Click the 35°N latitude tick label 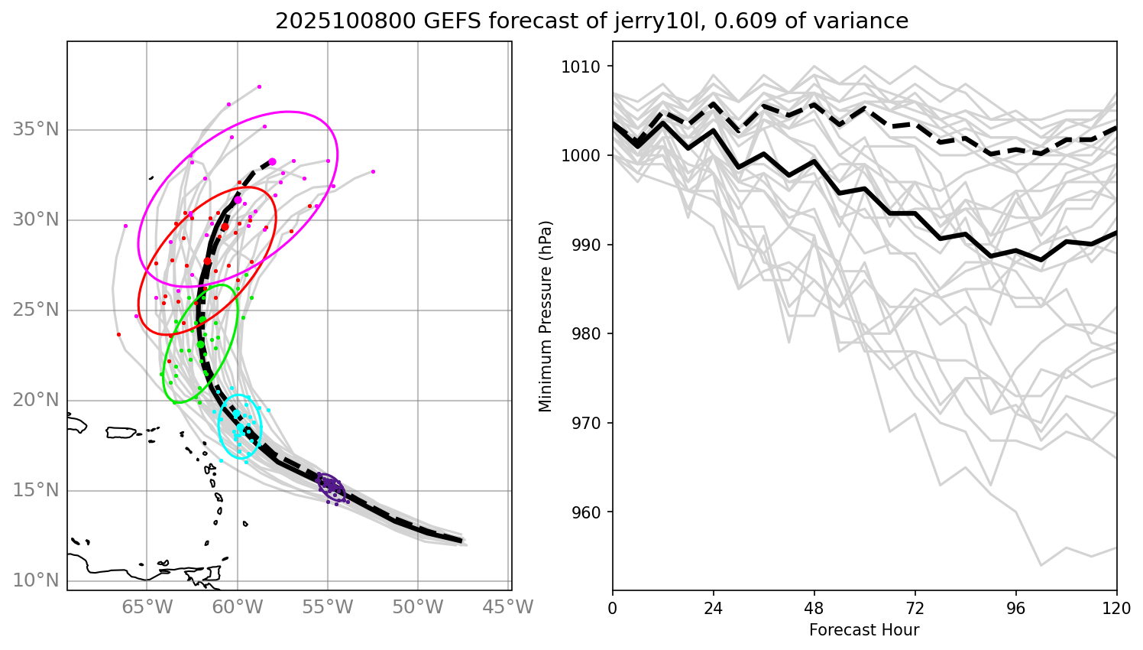[x=36, y=129]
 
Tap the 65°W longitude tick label [x=147, y=608]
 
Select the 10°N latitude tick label [x=36, y=580]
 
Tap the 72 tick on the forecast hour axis [x=915, y=609]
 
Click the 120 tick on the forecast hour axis [x=1116, y=609]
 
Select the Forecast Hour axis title [x=864, y=630]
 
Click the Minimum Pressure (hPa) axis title [x=546, y=316]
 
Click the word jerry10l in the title [x=662, y=21]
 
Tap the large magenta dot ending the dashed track [x=272, y=162]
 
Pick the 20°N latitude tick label [x=36, y=400]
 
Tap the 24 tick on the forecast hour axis [x=713, y=609]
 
